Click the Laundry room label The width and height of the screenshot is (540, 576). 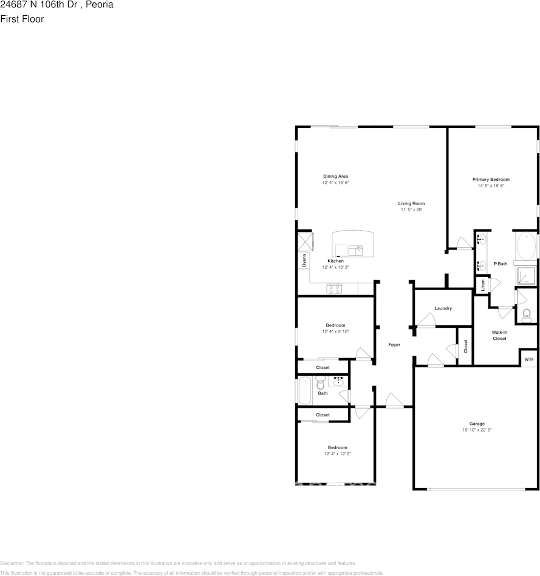point(443,308)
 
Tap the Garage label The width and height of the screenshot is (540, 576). point(476,424)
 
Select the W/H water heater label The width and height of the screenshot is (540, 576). point(528,359)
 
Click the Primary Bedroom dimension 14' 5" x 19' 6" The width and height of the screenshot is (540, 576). point(491,186)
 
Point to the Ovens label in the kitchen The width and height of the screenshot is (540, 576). point(304,260)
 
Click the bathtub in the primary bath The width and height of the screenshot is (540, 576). point(525,247)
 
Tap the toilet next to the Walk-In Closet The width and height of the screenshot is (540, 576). point(526,315)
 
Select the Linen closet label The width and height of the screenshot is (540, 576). point(483,285)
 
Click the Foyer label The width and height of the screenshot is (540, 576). point(394,345)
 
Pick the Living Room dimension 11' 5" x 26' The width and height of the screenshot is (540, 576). point(411,210)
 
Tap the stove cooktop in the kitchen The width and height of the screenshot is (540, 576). point(334,289)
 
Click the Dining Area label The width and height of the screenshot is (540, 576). point(335,176)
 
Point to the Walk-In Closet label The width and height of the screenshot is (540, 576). point(499,335)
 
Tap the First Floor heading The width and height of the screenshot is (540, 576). point(22,19)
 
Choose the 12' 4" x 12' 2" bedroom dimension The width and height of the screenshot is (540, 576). point(337,453)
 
